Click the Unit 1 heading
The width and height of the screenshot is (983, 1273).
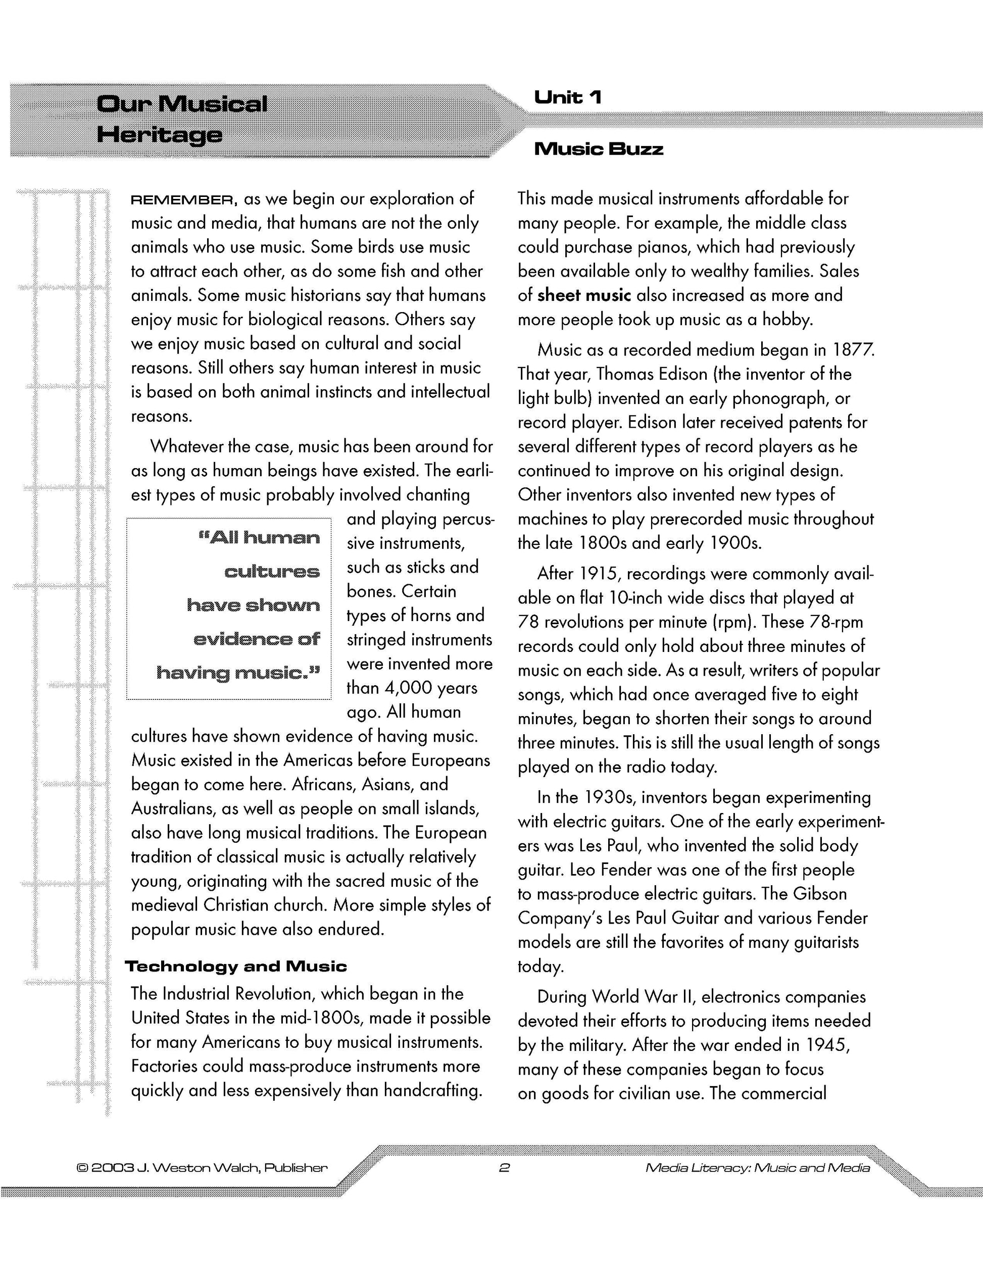(x=567, y=97)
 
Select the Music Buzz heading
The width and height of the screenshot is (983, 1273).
(x=599, y=149)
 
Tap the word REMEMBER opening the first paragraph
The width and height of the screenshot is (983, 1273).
(x=184, y=200)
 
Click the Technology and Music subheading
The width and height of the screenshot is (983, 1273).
(x=236, y=966)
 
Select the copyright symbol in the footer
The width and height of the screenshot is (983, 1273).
(x=82, y=1168)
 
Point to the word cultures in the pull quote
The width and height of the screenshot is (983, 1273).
(x=272, y=572)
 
